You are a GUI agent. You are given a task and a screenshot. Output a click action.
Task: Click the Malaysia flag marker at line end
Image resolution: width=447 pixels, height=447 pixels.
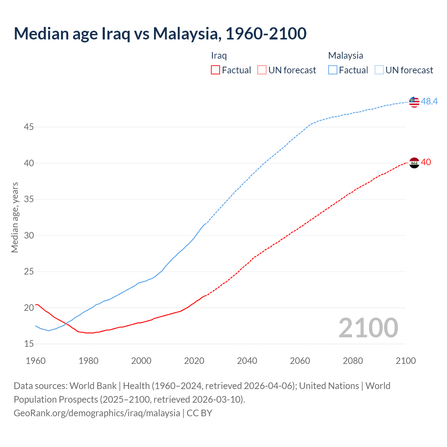tap(414, 102)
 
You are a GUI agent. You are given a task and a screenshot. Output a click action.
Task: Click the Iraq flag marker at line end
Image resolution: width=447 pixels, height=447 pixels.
tap(414, 163)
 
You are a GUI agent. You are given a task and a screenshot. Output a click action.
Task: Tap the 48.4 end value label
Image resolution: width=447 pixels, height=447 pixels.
tap(429, 101)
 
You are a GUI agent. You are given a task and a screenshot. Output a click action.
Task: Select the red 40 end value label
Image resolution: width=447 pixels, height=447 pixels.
tap(426, 162)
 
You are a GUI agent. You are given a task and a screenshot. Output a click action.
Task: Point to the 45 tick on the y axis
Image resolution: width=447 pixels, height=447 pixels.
tap(29, 127)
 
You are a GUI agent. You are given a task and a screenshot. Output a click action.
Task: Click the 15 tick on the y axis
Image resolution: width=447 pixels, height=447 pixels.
tap(29, 344)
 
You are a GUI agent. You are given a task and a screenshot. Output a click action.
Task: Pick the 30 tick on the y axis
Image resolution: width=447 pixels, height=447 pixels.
tap(29, 235)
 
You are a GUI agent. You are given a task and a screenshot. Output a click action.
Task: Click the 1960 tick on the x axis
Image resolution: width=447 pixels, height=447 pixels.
tap(36, 361)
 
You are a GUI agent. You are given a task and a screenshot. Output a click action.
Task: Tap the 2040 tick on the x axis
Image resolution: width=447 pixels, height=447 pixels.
tap(247, 361)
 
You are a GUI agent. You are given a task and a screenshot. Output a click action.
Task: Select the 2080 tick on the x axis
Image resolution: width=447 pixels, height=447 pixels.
tap(353, 361)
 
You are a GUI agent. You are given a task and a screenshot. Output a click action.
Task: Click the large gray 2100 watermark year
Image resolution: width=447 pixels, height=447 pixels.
tap(368, 328)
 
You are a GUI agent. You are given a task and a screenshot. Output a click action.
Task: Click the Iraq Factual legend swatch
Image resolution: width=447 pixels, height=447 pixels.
tap(215, 70)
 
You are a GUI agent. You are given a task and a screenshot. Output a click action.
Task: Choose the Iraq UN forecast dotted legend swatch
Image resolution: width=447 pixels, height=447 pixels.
tap(262, 70)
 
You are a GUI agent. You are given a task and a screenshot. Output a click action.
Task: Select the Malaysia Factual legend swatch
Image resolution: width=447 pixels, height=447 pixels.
tap(333, 70)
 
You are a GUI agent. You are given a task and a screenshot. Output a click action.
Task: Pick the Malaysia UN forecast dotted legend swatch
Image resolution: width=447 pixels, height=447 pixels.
tap(379, 70)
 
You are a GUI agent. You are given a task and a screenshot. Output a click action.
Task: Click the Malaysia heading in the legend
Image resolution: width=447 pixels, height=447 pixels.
tap(345, 56)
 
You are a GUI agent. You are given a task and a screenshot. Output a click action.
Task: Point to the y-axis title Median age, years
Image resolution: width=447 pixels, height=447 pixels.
tap(15, 217)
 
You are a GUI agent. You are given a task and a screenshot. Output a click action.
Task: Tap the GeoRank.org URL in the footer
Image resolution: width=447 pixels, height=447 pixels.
tap(97, 413)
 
